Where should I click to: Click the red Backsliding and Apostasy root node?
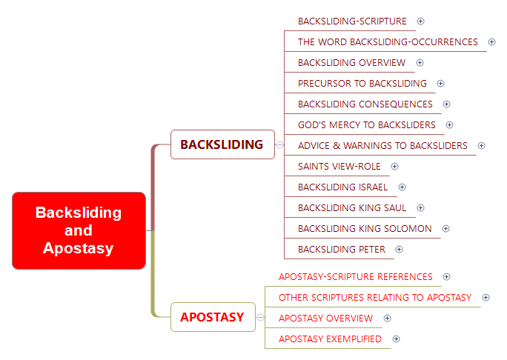pos(79,230)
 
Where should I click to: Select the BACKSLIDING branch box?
pos(222,144)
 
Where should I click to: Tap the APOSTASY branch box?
pos(212,317)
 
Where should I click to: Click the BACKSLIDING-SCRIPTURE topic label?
pos(352,21)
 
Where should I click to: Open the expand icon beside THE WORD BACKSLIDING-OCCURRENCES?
pos(491,42)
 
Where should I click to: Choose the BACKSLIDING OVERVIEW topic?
pos(351,63)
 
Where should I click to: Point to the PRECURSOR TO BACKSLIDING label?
pos(362,84)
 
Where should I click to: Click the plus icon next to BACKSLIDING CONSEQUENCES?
pos(446,104)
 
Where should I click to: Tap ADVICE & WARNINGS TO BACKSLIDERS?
pos(382,146)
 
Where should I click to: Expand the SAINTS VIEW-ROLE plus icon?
pos(394,167)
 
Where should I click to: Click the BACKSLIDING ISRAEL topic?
pos(342,187)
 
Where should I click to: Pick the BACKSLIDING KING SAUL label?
pos(351,208)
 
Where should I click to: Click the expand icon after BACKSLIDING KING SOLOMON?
pos(445,229)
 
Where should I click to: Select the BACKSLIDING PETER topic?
pos(341,250)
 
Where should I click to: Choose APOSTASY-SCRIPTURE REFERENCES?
pos(355,277)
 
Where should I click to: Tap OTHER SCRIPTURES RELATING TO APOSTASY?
pos(374,298)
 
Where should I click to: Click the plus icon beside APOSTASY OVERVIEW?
pos(387,319)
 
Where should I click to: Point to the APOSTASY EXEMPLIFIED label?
pos(330,339)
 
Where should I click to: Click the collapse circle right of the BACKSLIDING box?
pos(279,144)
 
